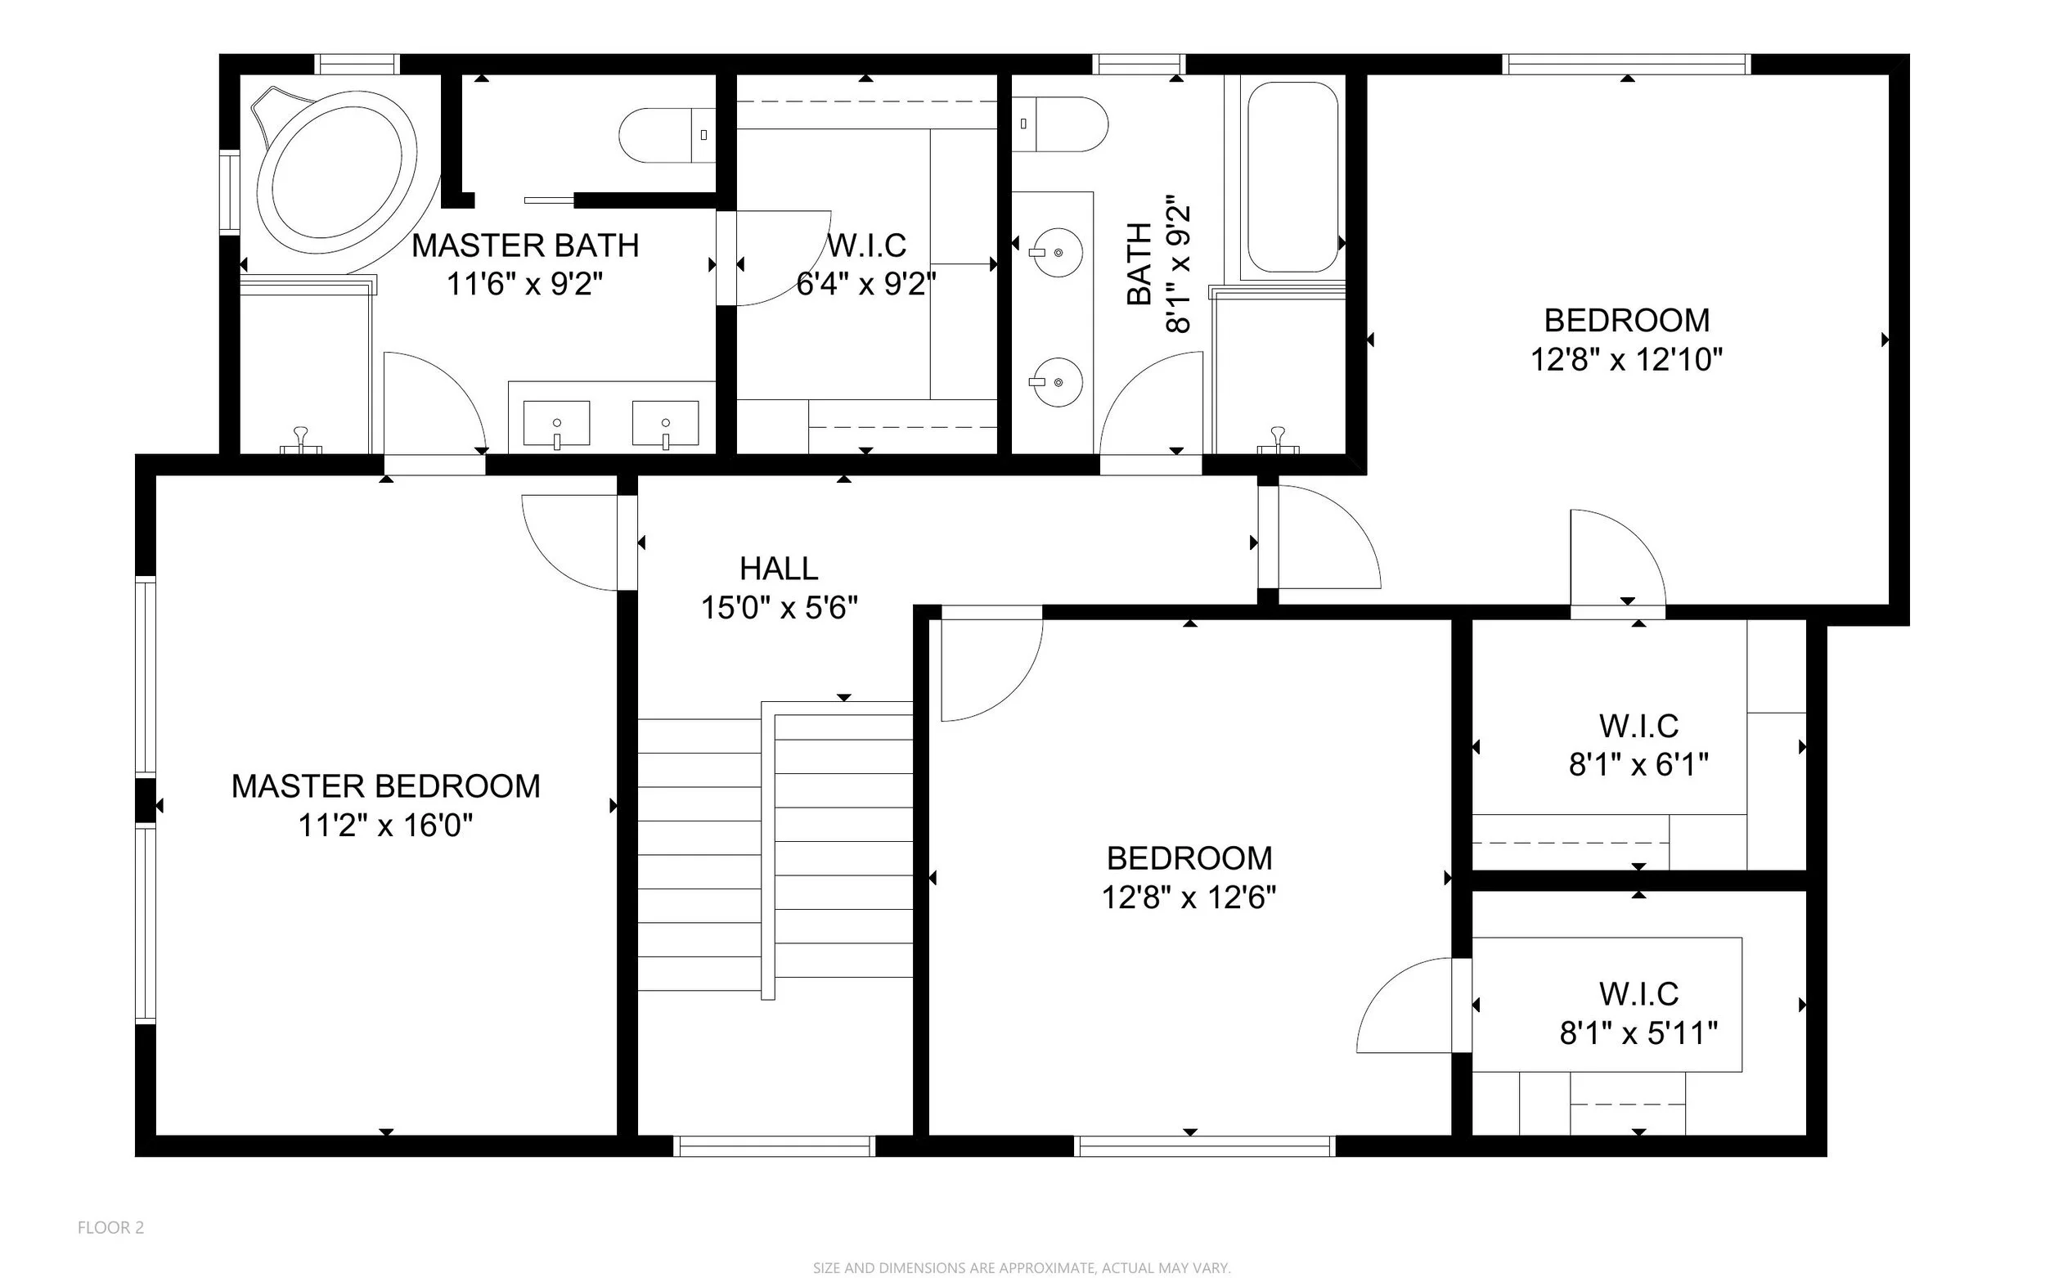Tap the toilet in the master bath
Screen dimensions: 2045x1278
click(667, 135)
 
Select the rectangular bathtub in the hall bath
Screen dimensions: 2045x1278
click(1293, 177)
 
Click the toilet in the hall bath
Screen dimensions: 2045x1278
click(1059, 124)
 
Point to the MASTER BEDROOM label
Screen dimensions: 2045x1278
click(386, 786)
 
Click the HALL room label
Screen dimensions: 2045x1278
click(778, 569)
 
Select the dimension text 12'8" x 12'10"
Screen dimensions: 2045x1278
click(1627, 360)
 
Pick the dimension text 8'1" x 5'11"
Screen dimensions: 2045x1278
click(1638, 1033)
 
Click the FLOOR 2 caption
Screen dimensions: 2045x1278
click(110, 1227)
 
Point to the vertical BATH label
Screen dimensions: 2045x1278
click(1139, 263)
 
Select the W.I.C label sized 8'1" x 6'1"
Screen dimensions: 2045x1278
click(1638, 726)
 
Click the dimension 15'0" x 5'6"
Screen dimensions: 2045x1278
click(779, 608)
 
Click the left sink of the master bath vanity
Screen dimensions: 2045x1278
click(557, 424)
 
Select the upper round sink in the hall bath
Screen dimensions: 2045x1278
click(1058, 253)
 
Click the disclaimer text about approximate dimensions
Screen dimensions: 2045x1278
click(1022, 1268)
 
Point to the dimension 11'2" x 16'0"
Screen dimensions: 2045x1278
click(385, 825)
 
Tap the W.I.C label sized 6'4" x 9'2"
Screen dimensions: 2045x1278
click(866, 246)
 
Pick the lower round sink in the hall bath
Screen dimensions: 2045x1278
click(1058, 382)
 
